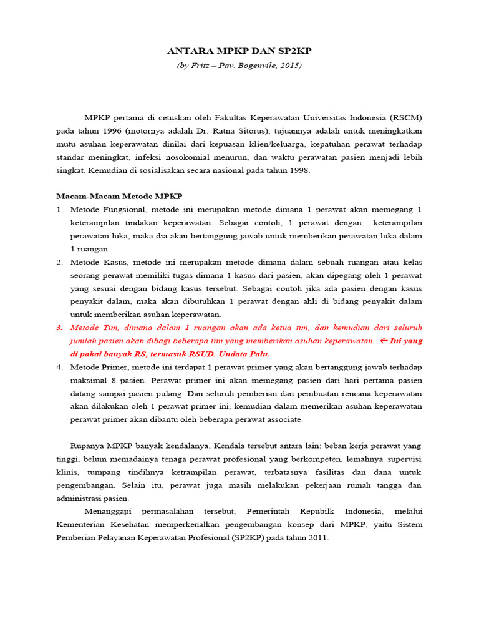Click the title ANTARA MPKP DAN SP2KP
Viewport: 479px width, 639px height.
pos(239,51)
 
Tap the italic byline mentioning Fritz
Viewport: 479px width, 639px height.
pos(239,65)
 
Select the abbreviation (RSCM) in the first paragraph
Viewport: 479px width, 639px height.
pos(405,117)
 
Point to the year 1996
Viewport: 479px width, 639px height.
pos(109,130)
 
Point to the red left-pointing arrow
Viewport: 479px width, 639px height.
pos(384,341)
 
